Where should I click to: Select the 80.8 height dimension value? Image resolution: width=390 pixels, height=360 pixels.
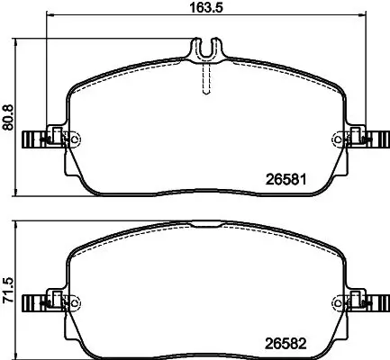[x=9, y=115]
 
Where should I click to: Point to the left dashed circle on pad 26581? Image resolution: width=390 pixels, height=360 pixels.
[x=74, y=139]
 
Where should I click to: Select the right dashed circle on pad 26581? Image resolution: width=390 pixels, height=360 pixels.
[x=340, y=139]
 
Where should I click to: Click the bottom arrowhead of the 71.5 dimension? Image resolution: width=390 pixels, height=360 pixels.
[x=20, y=355]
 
